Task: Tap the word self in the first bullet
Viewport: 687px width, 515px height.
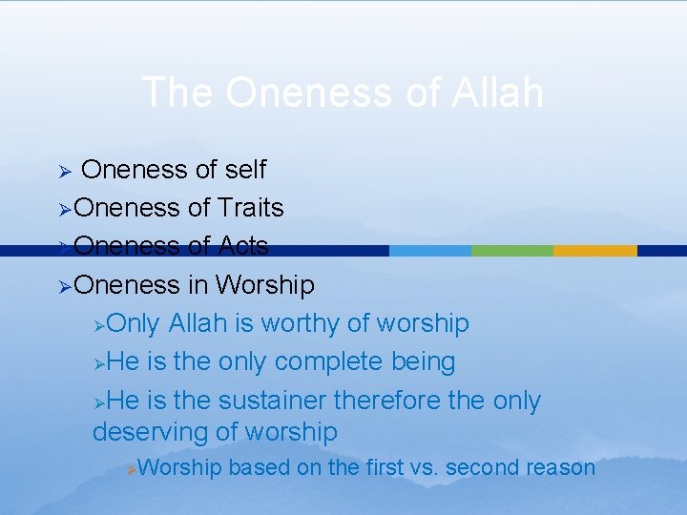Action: pos(245,170)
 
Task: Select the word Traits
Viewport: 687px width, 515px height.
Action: pos(250,208)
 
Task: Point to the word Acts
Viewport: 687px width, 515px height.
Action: pos(242,246)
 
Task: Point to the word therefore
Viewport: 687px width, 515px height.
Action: pos(400,401)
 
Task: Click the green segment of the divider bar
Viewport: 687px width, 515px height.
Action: pos(512,251)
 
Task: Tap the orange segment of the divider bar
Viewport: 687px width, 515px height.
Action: pos(594,251)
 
